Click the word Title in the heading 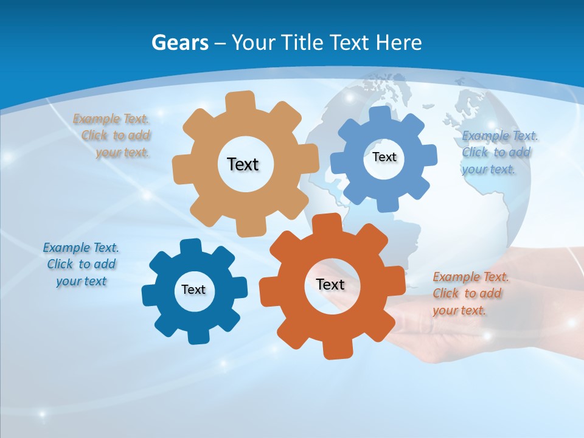302,43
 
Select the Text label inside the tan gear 243,164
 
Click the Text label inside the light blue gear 384,157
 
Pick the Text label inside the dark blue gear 193,290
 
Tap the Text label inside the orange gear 330,284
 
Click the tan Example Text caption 114,136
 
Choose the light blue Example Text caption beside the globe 499,152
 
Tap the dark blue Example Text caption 81,264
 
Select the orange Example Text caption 470,293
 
